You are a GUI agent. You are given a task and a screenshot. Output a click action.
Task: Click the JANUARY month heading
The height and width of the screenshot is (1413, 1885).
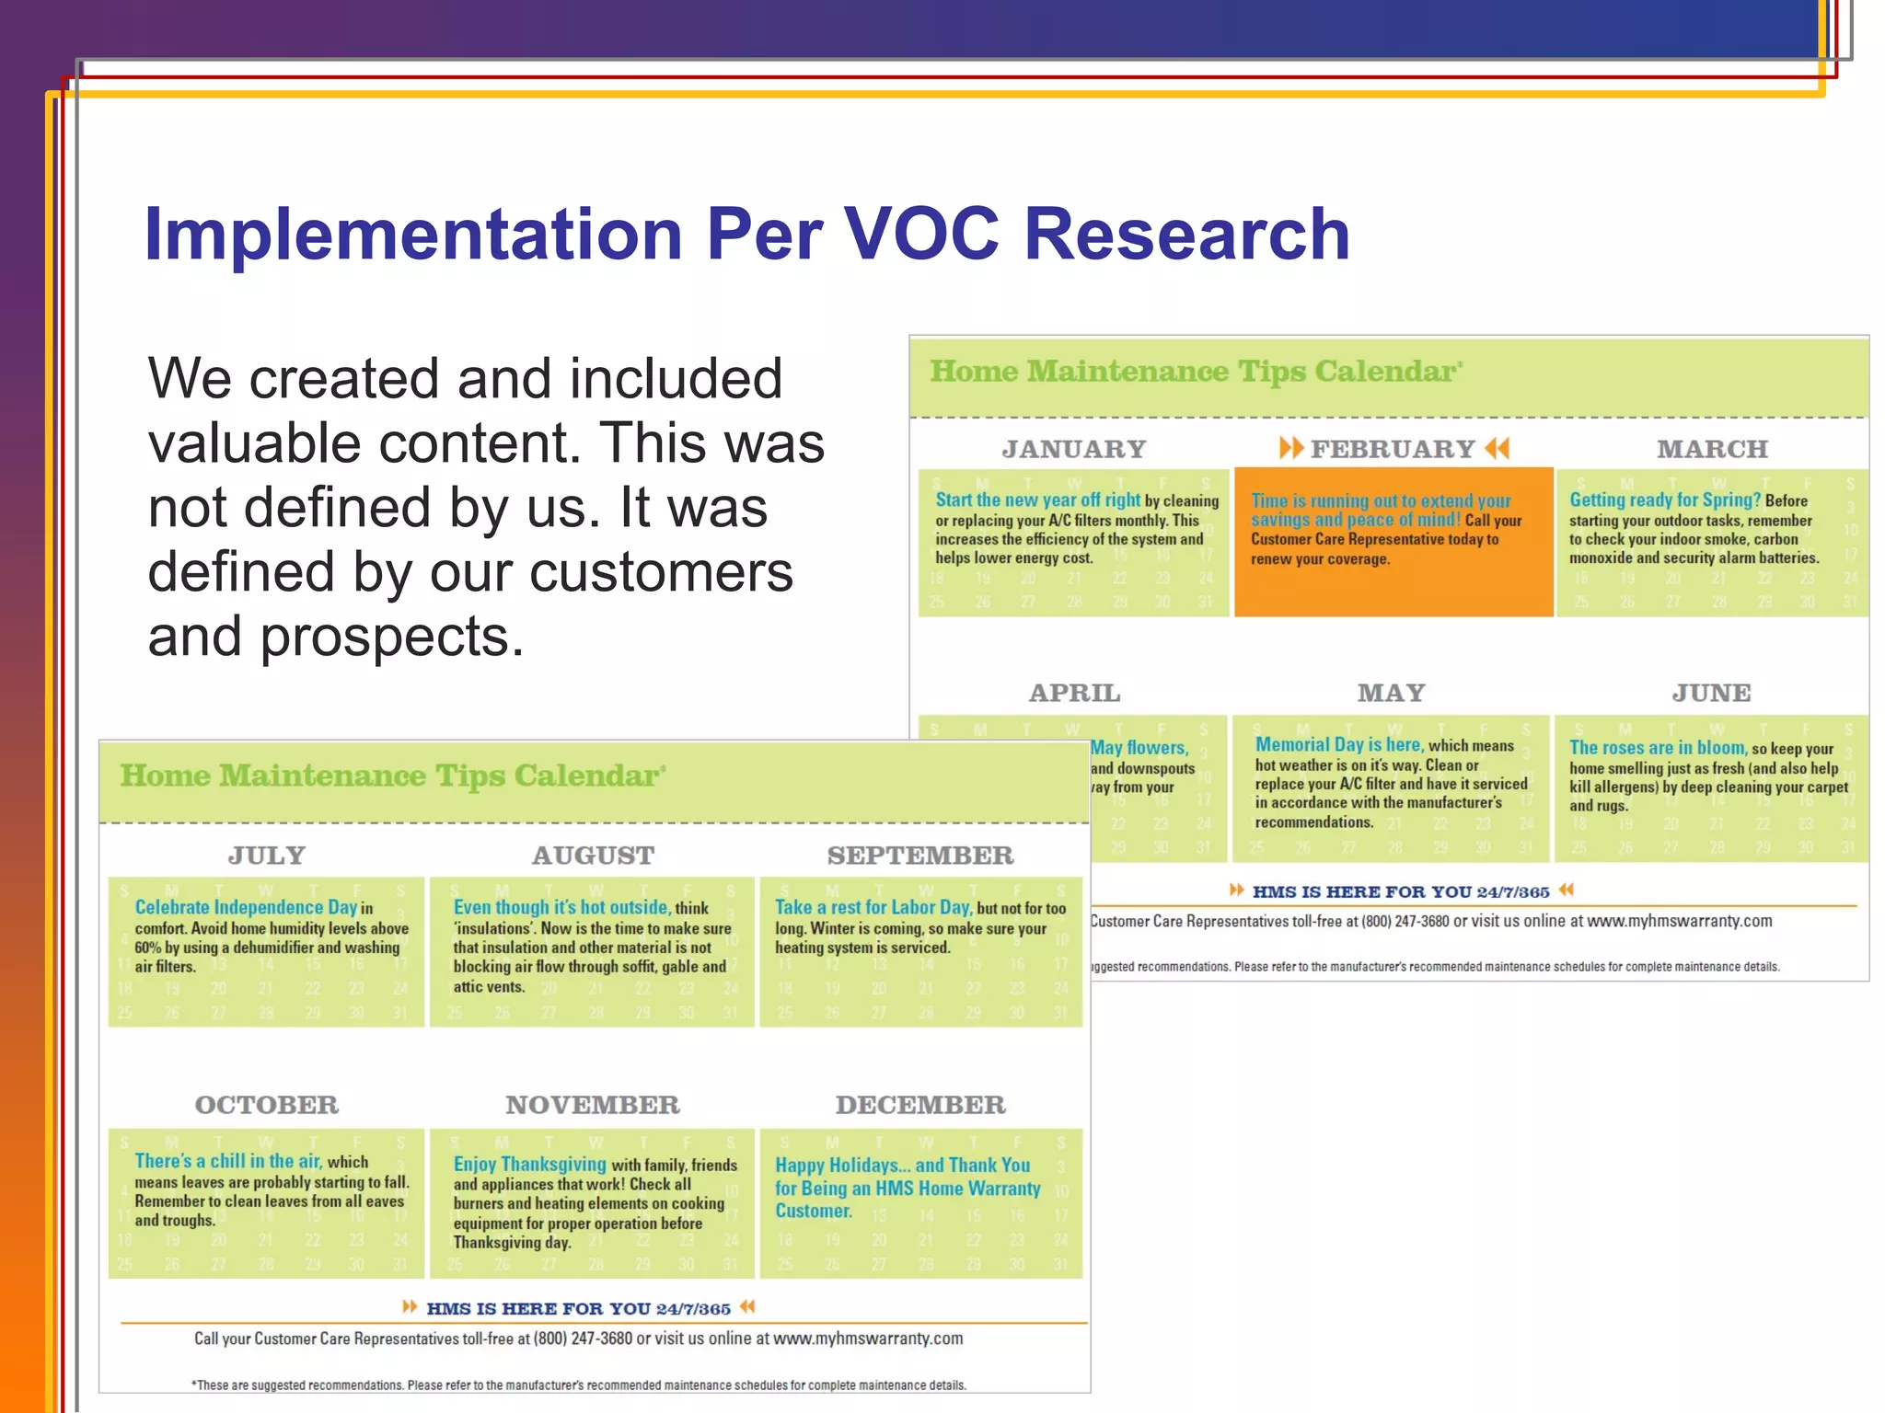coord(1073,449)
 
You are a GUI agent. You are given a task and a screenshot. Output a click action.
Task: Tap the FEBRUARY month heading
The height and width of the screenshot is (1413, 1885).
coord(1393,449)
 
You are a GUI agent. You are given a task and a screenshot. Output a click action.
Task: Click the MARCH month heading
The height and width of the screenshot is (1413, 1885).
coord(1712,449)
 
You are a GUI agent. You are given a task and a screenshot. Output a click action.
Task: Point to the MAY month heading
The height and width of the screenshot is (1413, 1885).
coord(1391,693)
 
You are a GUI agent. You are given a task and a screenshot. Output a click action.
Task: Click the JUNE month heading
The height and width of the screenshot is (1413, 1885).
coord(1711,693)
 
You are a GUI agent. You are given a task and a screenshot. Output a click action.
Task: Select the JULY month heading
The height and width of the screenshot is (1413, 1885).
coord(266,856)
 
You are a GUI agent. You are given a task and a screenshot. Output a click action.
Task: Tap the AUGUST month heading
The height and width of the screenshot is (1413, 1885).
coord(593,856)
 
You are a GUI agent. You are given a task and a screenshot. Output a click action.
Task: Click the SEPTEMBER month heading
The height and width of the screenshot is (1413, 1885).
coord(920,856)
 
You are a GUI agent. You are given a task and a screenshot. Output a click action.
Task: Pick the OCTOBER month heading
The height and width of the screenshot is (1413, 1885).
coord(266,1105)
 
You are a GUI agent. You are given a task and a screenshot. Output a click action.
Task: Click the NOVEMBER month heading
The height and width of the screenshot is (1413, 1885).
coord(592,1105)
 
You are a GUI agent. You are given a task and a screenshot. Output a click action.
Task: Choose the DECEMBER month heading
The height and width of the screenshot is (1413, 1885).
coord(920,1105)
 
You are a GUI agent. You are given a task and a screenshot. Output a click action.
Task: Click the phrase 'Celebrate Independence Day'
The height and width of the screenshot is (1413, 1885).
coord(246,907)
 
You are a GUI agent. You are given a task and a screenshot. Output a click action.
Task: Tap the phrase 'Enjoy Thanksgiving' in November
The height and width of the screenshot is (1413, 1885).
coord(529,1165)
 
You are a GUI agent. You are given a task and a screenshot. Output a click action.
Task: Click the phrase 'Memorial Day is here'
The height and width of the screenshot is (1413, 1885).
coord(1339,745)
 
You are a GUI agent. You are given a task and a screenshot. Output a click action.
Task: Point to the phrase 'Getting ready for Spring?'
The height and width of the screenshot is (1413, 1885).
coord(1664,500)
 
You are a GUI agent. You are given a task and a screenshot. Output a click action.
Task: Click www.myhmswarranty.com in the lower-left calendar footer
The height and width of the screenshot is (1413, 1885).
coord(867,1338)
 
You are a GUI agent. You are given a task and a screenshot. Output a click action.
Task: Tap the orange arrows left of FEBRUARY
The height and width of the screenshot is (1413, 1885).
coord(1290,448)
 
